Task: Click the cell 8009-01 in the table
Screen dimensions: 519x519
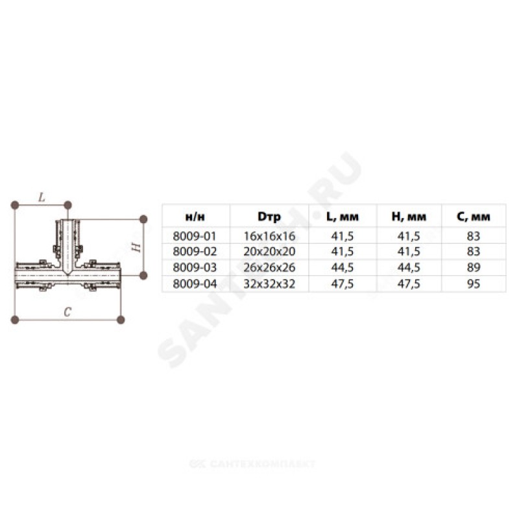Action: coord(195,236)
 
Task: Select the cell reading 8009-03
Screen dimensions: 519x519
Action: coord(195,267)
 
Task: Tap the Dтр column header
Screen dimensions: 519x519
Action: coord(269,217)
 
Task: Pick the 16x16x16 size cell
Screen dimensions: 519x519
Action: coord(269,236)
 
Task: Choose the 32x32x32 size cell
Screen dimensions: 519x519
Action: coord(269,284)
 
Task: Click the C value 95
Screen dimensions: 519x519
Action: coord(474,284)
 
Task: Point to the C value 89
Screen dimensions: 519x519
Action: coord(474,267)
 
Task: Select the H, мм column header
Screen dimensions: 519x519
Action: coord(409,217)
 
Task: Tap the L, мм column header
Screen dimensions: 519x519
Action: coord(343,217)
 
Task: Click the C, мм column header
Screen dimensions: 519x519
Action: coord(474,217)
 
